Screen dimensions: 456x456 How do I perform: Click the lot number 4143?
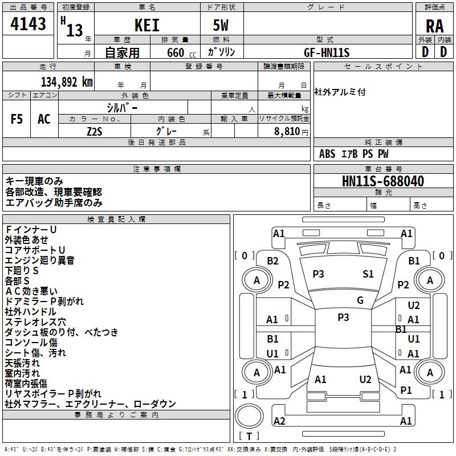click(x=28, y=25)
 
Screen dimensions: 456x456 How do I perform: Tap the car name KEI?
click(x=147, y=26)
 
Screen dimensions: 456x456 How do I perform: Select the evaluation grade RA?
click(x=434, y=26)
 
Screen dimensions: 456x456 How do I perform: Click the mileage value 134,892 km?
click(x=67, y=82)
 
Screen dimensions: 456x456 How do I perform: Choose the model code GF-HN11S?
click(x=327, y=52)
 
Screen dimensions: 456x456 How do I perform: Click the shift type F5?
click(x=17, y=119)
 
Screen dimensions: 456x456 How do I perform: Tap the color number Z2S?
click(x=95, y=131)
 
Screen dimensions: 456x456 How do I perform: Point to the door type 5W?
click(x=221, y=26)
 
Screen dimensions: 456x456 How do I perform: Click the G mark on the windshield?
click(x=360, y=300)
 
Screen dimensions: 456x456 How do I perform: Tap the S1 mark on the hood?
click(x=368, y=274)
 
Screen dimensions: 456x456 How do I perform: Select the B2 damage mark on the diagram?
click(x=272, y=261)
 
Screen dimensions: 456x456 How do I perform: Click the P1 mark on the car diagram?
click(x=406, y=390)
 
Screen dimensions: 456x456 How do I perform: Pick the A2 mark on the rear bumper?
click(x=279, y=421)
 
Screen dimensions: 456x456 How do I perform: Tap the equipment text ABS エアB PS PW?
click(x=354, y=154)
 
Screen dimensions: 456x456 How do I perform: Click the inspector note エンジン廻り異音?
click(x=40, y=260)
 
